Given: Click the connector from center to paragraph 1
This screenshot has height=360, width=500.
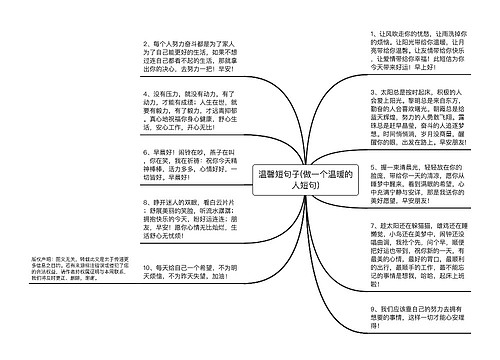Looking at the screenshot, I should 346,110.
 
